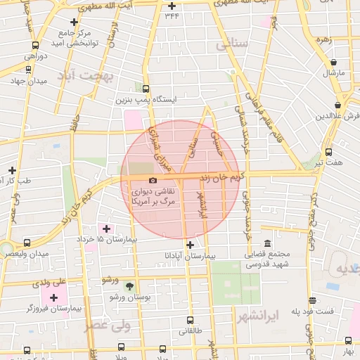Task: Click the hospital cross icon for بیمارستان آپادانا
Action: (x=189, y=244)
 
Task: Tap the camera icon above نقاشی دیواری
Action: (x=153, y=181)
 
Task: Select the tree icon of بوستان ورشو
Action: (x=129, y=285)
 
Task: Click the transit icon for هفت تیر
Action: (x=328, y=152)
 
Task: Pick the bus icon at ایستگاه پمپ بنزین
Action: (x=146, y=89)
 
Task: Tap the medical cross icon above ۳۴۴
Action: (x=172, y=6)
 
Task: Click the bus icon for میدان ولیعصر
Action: (x=27, y=242)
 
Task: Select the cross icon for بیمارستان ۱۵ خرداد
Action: (x=107, y=229)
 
